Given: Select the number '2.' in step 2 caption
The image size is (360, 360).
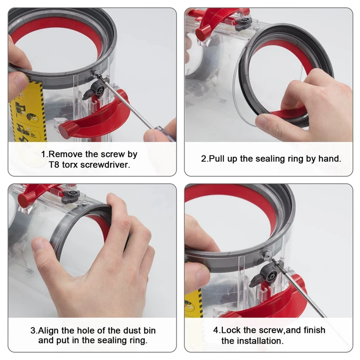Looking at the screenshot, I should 204,159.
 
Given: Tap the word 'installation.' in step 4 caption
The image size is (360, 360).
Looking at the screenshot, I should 261,341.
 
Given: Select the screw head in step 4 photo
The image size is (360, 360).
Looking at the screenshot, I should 267,254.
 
